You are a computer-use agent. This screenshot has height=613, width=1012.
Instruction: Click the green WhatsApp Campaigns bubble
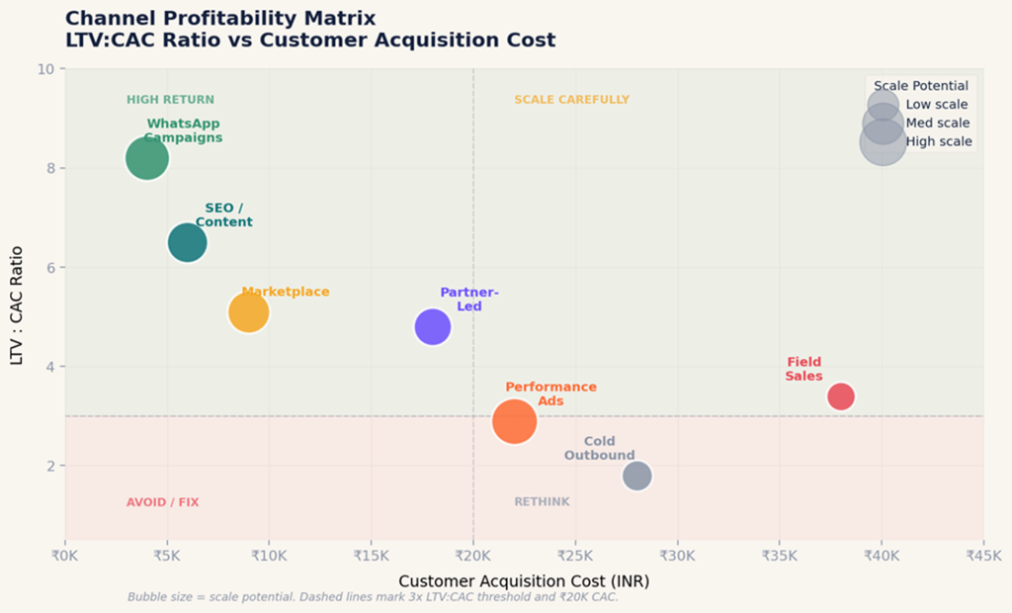pos(147,158)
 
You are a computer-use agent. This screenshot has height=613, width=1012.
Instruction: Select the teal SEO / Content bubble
pos(187,242)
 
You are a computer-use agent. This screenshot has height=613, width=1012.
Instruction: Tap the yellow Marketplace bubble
pos(248,312)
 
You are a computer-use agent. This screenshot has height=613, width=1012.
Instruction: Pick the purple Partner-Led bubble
pos(432,326)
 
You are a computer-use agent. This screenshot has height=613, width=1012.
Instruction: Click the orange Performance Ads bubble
pos(514,421)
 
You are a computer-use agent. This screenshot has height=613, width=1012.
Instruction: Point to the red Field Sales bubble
pos(840,396)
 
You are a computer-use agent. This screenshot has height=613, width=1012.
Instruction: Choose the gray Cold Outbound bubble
pos(637,476)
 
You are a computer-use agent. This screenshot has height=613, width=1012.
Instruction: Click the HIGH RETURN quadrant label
pos(170,100)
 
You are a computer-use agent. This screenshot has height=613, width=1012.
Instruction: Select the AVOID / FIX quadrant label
pos(162,502)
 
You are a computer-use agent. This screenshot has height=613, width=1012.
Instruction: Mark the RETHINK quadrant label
pos(542,502)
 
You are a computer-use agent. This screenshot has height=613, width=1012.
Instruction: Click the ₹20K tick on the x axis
pos(472,556)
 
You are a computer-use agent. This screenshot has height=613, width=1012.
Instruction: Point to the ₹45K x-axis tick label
pos(982,556)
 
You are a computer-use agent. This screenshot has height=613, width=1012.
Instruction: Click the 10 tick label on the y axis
pos(46,69)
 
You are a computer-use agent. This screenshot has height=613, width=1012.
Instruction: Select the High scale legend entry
pos(939,141)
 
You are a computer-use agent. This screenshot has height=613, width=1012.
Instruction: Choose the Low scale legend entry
pos(937,105)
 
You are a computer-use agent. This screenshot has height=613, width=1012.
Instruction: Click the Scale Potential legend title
pos(921,86)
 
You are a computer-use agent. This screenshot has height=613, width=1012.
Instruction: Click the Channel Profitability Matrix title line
pos(219,18)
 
